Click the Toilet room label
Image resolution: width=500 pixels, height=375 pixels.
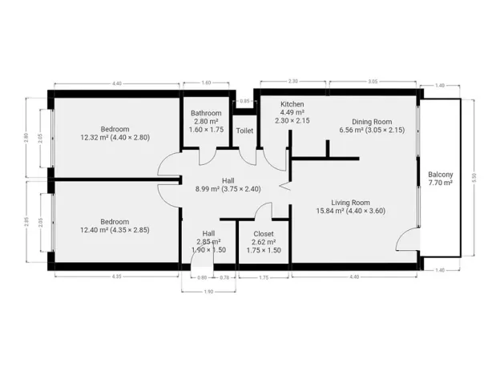pyautogui.click(x=244, y=130)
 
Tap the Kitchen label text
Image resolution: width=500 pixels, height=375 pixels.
pyautogui.click(x=292, y=105)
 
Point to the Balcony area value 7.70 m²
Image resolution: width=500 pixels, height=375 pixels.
pyautogui.click(x=440, y=183)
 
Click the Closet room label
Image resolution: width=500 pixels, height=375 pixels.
pyautogui.click(x=264, y=233)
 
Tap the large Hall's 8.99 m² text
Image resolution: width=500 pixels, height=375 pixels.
pyautogui.click(x=228, y=189)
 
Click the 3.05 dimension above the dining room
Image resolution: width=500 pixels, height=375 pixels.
pyautogui.click(x=373, y=82)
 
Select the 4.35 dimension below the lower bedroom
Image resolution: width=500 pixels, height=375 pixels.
pyautogui.click(x=116, y=277)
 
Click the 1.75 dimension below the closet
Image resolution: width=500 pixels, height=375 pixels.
pyautogui.click(x=264, y=277)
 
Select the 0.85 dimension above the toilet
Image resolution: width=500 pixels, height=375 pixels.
pyautogui.click(x=244, y=101)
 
